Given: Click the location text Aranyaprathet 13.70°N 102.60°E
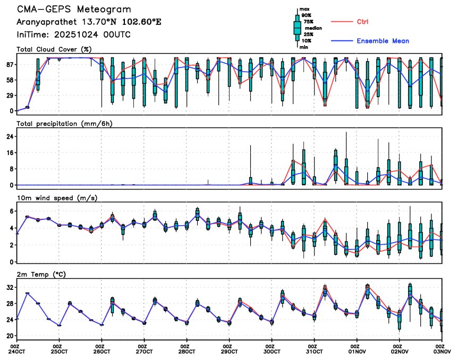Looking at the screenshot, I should click(x=88, y=22).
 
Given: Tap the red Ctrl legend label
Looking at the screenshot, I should click(x=363, y=22).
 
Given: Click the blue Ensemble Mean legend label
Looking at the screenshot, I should click(x=383, y=41).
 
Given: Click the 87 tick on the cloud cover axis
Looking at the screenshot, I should click(x=10, y=64).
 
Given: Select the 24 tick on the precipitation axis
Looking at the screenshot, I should click(x=10, y=136).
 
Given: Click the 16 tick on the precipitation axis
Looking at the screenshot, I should click(x=10, y=153).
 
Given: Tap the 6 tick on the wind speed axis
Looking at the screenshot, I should click(x=12, y=211).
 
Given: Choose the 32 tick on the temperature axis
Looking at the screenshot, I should click(x=10, y=287).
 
